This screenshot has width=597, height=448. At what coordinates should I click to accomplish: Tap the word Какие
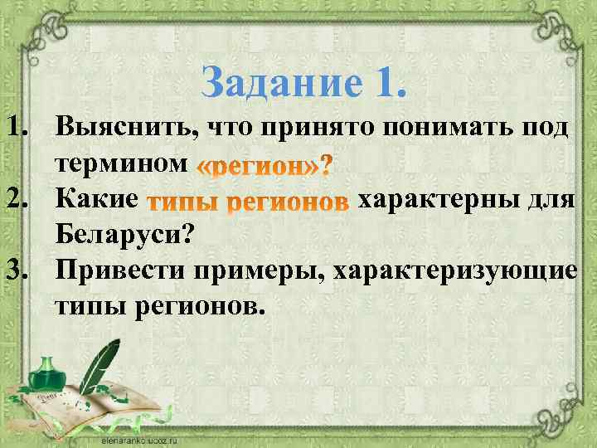[x=95, y=200]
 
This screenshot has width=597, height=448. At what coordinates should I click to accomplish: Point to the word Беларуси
[x=124, y=236]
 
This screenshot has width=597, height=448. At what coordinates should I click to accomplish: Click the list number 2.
[x=19, y=200]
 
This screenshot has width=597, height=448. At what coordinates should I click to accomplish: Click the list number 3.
[x=19, y=271]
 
